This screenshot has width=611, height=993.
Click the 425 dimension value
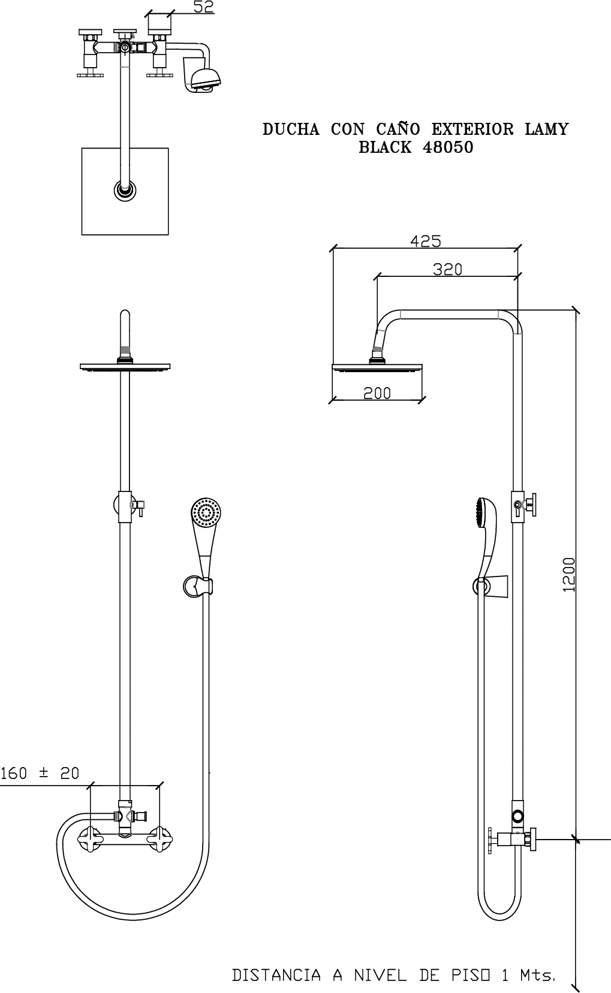(426, 241)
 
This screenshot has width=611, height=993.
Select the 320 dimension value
(447, 269)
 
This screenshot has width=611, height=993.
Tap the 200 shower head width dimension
(377, 393)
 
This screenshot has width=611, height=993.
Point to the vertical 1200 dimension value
(568, 575)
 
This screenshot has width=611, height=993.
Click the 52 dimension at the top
(203, 7)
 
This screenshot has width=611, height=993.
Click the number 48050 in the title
(448, 147)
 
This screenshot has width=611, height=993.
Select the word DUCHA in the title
(291, 129)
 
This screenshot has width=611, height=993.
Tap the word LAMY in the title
(546, 129)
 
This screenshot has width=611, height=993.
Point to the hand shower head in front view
(206, 514)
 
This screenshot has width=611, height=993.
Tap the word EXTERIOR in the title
(472, 129)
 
